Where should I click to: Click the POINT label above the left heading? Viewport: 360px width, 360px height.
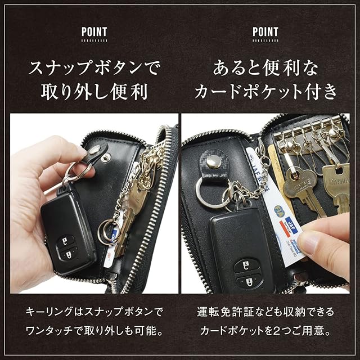(x=94, y=32)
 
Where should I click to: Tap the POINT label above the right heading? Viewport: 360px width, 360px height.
(x=265, y=32)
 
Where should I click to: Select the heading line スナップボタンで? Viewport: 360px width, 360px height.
(x=93, y=67)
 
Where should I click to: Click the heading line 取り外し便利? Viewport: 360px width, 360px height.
(x=94, y=92)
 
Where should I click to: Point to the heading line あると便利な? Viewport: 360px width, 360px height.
(x=265, y=68)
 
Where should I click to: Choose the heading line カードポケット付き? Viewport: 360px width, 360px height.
(x=265, y=92)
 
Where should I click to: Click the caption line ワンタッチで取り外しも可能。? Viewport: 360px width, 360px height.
(x=94, y=331)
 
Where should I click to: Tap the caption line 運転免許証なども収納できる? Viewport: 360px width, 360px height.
(x=265, y=312)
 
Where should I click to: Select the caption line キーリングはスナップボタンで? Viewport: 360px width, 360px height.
(x=94, y=312)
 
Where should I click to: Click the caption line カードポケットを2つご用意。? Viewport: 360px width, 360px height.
(x=265, y=331)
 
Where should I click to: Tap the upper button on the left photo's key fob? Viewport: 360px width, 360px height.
(x=65, y=241)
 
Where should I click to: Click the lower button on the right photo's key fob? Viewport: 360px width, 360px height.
(x=249, y=281)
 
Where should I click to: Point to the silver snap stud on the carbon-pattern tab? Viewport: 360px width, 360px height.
(x=214, y=162)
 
